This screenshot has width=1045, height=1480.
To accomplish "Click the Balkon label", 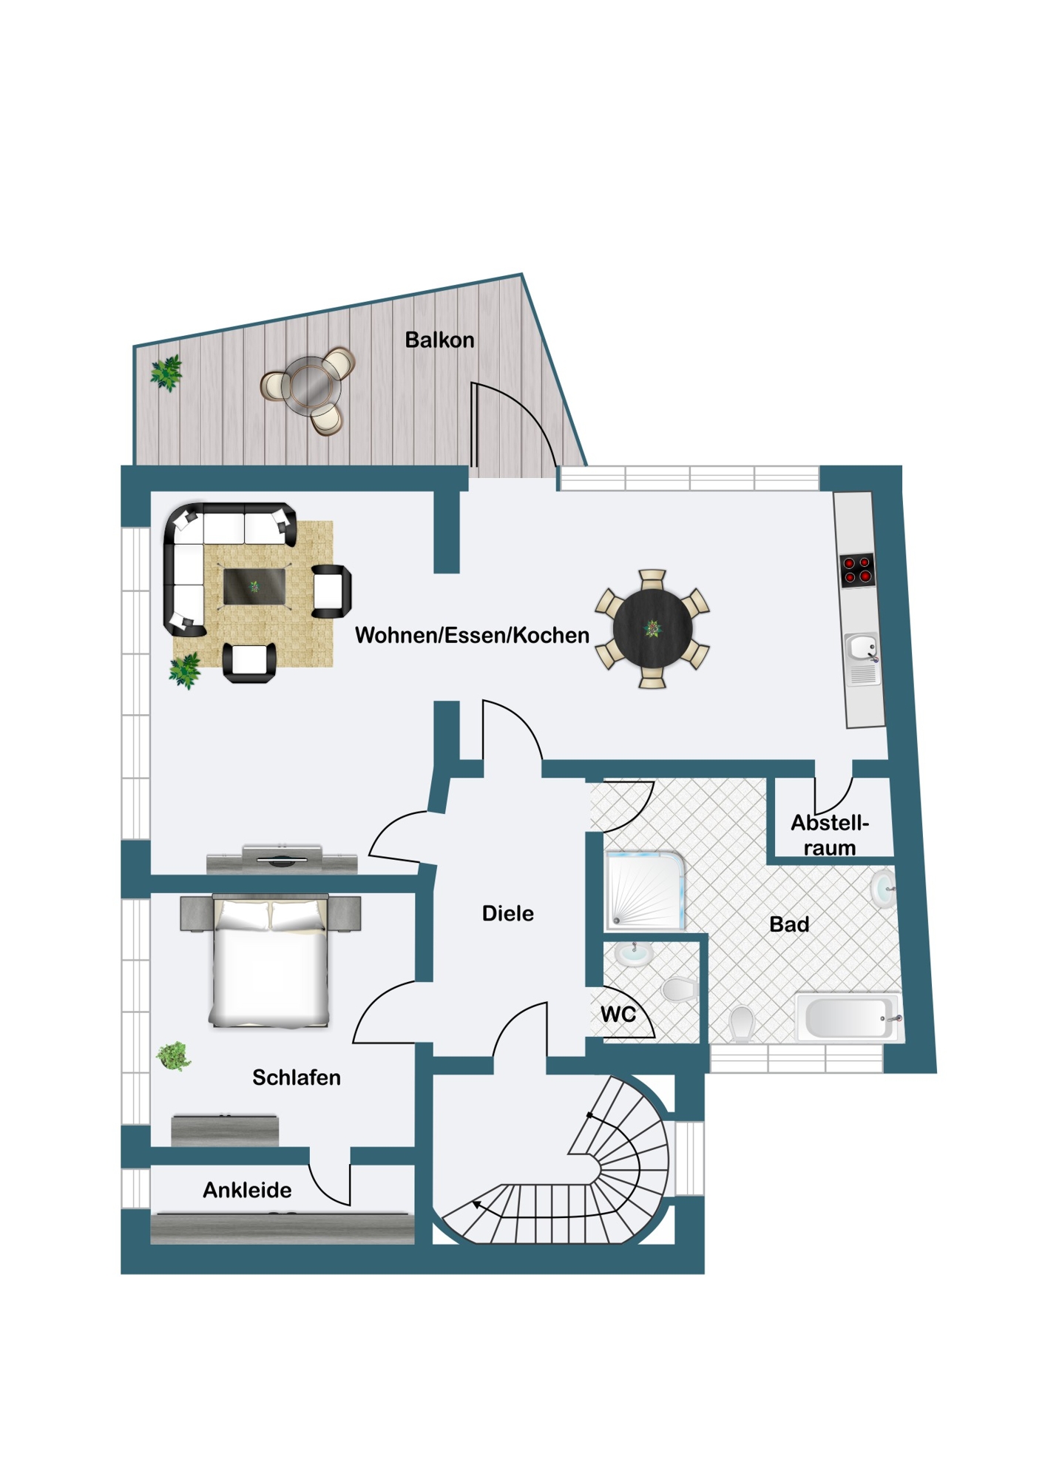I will (x=439, y=340).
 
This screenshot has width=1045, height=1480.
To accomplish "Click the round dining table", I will (x=652, y=628).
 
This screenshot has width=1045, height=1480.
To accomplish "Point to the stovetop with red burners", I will (x=857, y=571).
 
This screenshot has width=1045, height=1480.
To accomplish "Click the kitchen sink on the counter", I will (x=862, y=648).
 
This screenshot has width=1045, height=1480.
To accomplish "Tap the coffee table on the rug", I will (x=254, y=586).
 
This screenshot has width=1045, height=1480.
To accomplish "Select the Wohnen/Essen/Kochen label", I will (x=472, y=635).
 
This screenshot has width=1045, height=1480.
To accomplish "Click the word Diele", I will (x=507, y=913).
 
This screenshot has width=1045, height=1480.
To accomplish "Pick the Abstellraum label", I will (x=830, y=835).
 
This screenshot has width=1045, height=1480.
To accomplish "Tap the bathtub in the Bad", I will (x=848, y=1017).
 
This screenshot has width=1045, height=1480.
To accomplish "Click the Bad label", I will (x=789, y=924).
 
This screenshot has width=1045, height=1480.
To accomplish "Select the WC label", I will (x=618, y=1014).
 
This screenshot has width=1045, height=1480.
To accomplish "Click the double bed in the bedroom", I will (x=269, y=962).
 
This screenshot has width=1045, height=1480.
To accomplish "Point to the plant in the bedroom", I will (x=174, y=1056).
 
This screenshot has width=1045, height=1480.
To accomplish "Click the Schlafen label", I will (x=296, y=1077).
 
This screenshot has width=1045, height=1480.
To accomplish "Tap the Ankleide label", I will (x=247, y=1190).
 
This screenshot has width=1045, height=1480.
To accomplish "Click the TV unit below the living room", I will (x=282, y=861).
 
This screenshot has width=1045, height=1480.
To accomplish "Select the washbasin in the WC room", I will (x=634, y=955).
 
